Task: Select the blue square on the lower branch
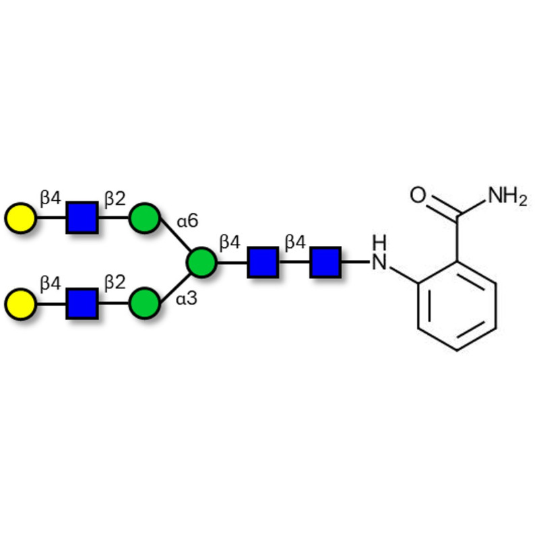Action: tap(82, 303)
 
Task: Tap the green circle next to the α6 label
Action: tap(144, 219)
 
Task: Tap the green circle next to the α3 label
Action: tap(144, 303)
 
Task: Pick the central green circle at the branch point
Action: tap(201, 262)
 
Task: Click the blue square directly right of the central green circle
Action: tap(263, 262)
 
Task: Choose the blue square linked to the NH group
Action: tap(325, 262)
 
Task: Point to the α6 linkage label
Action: tap(187, 220)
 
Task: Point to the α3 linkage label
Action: tap(187, 298)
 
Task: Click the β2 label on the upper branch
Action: tap(115, 199)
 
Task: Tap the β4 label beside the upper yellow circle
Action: tap(51, 199)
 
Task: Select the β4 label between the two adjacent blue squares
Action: tap(295, 242)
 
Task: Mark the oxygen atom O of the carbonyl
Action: tap(418, 197)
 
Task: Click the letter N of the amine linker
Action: tap(381, 262)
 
